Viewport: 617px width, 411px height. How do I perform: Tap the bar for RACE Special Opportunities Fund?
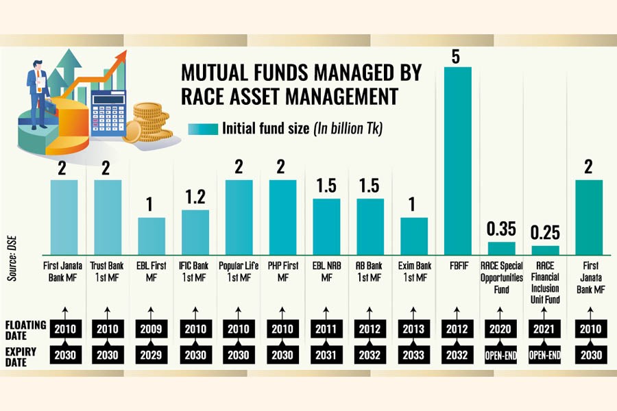pos(501,248)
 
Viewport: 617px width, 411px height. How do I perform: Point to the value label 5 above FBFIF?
pos(455,56)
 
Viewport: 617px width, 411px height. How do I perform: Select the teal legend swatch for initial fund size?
pos(202,128)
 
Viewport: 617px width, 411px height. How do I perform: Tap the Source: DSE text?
pos(12,253)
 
